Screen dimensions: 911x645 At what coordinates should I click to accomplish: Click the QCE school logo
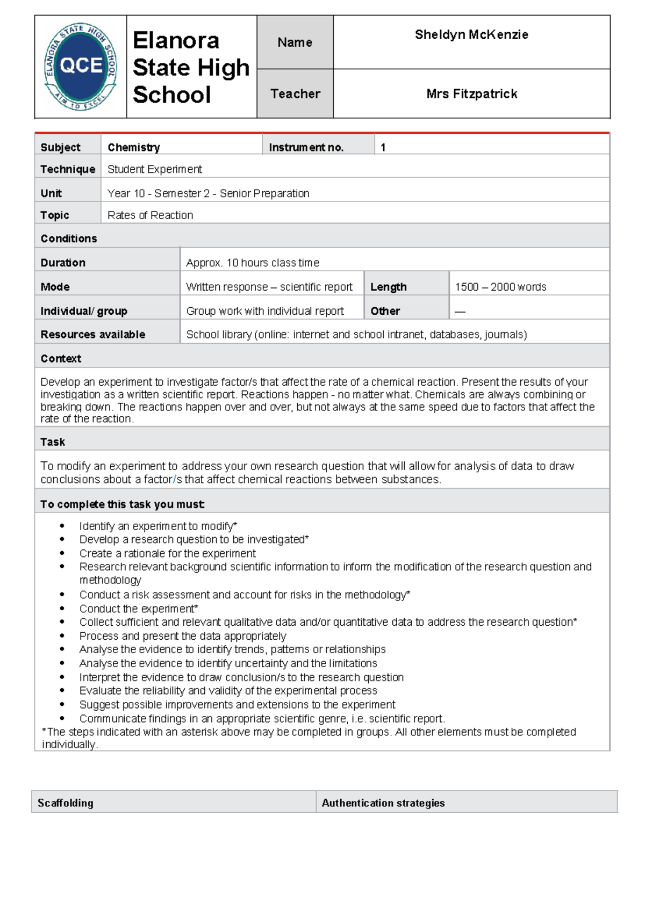click(81, 67)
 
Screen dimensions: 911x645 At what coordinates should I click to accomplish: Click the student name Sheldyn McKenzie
click(471, 35)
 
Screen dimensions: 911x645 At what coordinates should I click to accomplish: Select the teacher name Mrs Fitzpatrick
click(471, 94)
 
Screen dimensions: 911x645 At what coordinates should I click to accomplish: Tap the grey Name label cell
click(295, 42)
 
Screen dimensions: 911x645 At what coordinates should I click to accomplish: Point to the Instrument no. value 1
click(383, 147)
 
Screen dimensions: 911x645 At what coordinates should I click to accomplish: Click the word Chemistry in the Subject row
click(134, 147)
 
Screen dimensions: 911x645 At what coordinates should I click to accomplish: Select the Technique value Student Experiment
click(155, 169)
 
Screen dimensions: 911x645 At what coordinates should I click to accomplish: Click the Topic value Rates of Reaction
click(150, 215)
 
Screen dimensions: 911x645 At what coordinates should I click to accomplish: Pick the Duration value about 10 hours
click(253, 263)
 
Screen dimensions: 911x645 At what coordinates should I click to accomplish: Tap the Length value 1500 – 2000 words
click(500, 287)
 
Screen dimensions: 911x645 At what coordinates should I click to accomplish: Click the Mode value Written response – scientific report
click(269, 287)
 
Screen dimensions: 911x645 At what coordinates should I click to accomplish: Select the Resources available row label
click(93, 335)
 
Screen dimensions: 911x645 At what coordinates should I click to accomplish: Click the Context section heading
click(61, 358)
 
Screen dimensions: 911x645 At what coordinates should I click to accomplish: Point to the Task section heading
click(53, 442)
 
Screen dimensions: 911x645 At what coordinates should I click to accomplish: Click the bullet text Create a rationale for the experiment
click(167, 553)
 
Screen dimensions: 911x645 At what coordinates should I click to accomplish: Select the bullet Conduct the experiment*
click(139, 609)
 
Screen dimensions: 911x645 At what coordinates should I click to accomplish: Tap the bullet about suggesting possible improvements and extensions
click(237, 705)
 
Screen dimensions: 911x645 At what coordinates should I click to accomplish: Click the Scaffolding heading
click(66, 803)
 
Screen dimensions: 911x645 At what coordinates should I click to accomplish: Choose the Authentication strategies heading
click(383, 803)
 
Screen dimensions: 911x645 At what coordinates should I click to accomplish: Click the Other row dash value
click(460, 312)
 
